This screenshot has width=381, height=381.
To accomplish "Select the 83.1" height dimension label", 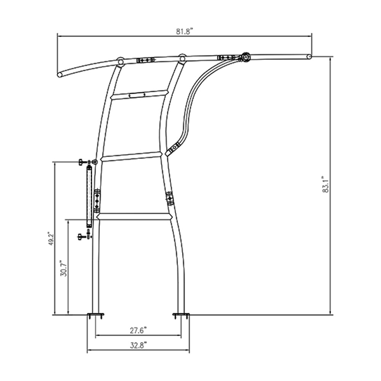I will click(x=325, y=185).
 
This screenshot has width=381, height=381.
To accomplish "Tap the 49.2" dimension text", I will click(x=50, y=239).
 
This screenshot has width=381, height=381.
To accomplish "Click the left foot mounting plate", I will click(x=96, y=315).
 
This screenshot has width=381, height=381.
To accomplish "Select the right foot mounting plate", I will click(x=181, y=315).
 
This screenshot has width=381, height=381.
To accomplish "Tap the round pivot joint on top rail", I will click(x=245, y=57).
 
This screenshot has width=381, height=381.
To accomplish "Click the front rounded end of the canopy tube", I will click(x=60, y=75).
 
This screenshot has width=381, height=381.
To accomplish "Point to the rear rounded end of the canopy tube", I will click(x=309, y=57).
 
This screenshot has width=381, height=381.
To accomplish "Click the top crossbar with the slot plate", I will click(x=139, y=94).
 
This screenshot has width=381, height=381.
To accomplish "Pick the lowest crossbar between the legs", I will click(x=133, y=216).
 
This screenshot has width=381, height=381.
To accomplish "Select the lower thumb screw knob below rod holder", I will click(x=81, y=237).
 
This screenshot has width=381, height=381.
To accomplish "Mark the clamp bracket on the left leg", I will click(x=97, y=200).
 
